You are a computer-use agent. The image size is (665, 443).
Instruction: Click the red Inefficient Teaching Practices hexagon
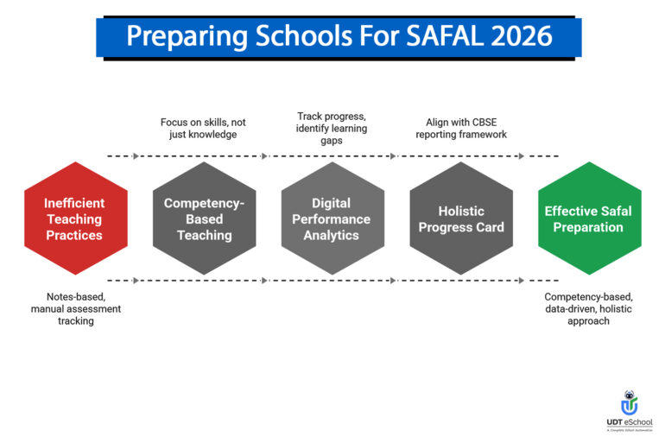pyautogui.click(x=74, y=218)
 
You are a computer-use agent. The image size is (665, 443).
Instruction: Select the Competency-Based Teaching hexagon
pyautogui.click(x=205, y=218)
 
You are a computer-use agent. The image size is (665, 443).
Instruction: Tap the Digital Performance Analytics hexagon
pyautogui.click(x=332, y=218)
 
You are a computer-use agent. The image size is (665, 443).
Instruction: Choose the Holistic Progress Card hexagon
pyautogui.click(x=461, y=218)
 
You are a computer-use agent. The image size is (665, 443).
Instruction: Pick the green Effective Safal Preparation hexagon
pyautogui.click(x=589, y=218)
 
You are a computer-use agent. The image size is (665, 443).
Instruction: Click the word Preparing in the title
pyautogui.click(x=183, y=37)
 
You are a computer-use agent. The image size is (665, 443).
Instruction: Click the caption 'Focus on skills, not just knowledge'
pyautogui.click(x=204, y=129)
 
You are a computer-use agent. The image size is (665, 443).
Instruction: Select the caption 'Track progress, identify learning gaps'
pyautogui.click(x=332, y=128)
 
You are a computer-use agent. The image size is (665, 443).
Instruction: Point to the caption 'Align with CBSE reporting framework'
pyautogui.click(x=460, y=129)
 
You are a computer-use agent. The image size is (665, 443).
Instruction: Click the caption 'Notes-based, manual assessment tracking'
pyautogui.click(x=75, y=308)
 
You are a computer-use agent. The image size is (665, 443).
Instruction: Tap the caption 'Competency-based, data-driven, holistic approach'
pyautogui.click(x=589, y=308)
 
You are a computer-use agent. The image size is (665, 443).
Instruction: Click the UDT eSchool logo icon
pyautogui.click(x=630, y=403)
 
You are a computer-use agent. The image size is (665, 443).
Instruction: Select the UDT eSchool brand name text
pyautogui.click(x=630, y=422)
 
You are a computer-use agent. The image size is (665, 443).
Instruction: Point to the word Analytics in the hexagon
pyautogui.click(x=332, y=235)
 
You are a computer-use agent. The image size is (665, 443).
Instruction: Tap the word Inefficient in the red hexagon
pyautogui.click(x=74, y=203)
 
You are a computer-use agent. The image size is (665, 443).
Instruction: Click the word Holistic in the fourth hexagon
pyautogui.click(x=461, y=211)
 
